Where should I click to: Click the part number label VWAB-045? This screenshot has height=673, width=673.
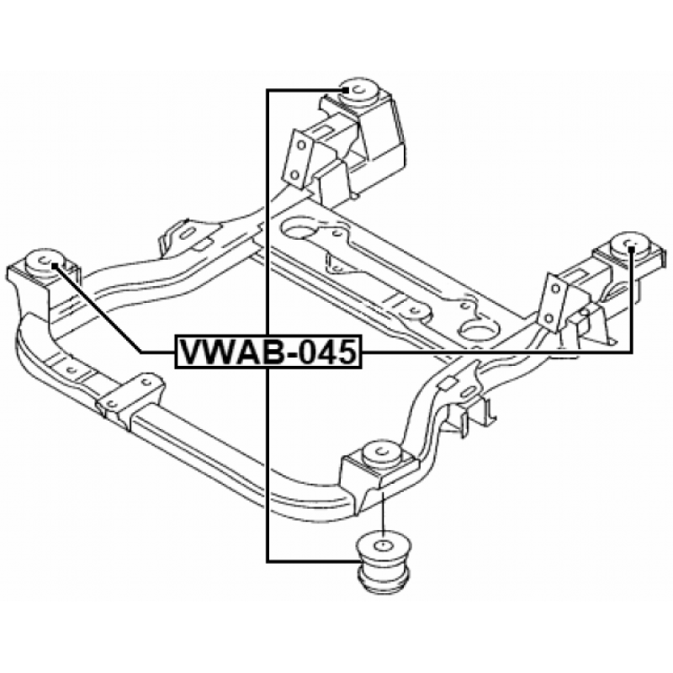click(268, 352)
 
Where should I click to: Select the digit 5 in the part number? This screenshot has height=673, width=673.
click(346, 352)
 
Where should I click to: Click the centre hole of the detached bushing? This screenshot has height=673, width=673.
click(382, 546)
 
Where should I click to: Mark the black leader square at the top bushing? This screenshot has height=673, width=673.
click(345, 90)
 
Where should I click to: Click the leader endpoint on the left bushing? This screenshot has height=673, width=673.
click(55, 265)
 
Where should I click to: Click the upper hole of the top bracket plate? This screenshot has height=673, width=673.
click(301, 145)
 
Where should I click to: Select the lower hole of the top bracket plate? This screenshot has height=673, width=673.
click(294, 175)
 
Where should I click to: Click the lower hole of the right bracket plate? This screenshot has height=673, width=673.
click(548, 319)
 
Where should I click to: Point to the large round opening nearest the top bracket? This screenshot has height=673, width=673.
click(299, 228)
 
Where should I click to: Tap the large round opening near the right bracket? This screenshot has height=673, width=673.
click(480, 330)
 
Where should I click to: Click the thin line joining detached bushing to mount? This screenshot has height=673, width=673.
click(382, 513)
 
